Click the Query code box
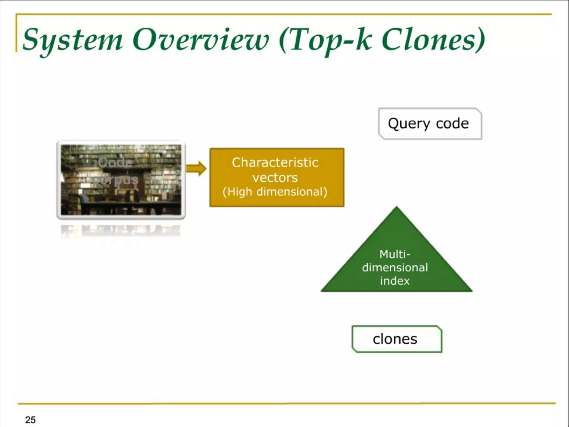430,124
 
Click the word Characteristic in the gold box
275,163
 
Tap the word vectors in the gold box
275,178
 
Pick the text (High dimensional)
275,192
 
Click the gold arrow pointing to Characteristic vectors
196,168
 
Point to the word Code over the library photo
115,162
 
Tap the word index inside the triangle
395,281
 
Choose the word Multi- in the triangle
395,254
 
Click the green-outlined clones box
397,339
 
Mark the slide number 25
30,420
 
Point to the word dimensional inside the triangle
395,267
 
